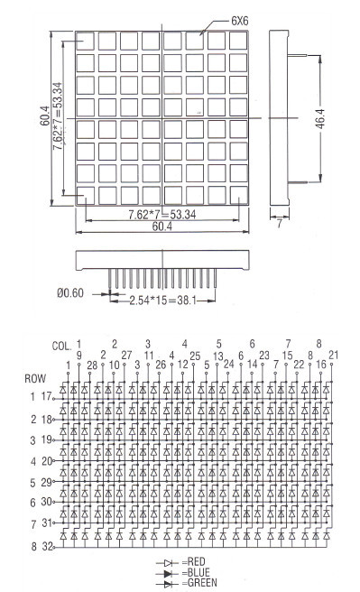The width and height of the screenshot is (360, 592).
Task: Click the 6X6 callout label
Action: tap(240, 21)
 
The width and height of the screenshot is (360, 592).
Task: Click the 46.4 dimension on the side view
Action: tap(320, 118)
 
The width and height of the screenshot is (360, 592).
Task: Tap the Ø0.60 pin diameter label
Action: tap(70, 293)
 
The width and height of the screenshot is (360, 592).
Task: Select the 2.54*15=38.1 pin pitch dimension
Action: tap(163, 301)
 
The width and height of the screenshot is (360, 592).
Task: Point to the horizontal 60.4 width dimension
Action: tap(162, 227)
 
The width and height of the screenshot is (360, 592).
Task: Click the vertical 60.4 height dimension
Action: tap(45, 116)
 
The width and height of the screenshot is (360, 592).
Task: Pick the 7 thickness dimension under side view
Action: tap(279, 224)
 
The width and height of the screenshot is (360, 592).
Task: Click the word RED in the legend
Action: tap(196, 562)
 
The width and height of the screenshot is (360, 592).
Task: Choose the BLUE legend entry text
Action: tap(198, 572)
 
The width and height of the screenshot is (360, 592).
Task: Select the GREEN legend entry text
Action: tap(202, 583)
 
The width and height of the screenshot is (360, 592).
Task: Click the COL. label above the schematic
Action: tap(61, 347)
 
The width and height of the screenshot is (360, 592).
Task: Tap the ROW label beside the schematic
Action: tap(35, 379)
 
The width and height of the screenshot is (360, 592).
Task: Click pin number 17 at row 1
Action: tap(46, 396)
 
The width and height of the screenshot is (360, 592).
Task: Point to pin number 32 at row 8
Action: tap(47, 546)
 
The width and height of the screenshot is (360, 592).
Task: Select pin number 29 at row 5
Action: tap(47, 482)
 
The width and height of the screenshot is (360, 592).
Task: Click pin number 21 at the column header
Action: tap(334, 355)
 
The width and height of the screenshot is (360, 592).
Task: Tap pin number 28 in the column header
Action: tap(92, 365)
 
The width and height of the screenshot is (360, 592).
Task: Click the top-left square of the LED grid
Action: tap(85, 41)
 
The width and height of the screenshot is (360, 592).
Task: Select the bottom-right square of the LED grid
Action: tap(238, 195)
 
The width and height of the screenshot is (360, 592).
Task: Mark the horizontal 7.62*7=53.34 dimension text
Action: tap(162, 215)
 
